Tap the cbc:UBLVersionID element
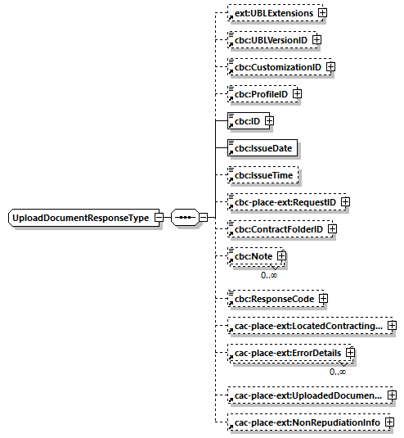pyautogui.click(x=269, y=40)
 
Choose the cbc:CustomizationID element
pyautogui.click(x=277, y=67)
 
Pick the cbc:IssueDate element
pyautogui.click(x=263, y=148)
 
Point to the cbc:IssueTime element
pyautogui.click(x=263, y=175)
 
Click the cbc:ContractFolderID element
pyautogui.click(x=278, y=229)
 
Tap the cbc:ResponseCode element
pyautogui.click(x=272, y=299)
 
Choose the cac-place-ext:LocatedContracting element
pyautogui.click(x=307, y=327)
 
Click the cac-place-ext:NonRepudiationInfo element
pyautogui.click(x=307, y=422)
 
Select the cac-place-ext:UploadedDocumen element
pyautogui.click(x=307, y=396)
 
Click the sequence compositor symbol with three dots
pyautogui.click(x=185, y=219)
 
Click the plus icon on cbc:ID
pyautogui.click(x=268, y=121)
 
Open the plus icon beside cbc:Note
pyautogui.click(x=281, y=256)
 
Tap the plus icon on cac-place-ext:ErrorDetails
pyautogui.click(x=350, y=353)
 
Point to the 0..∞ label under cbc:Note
pyautogui.click(x=270, y=276)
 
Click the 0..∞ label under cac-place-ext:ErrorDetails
pyautogui.click(x=338, y=373)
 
